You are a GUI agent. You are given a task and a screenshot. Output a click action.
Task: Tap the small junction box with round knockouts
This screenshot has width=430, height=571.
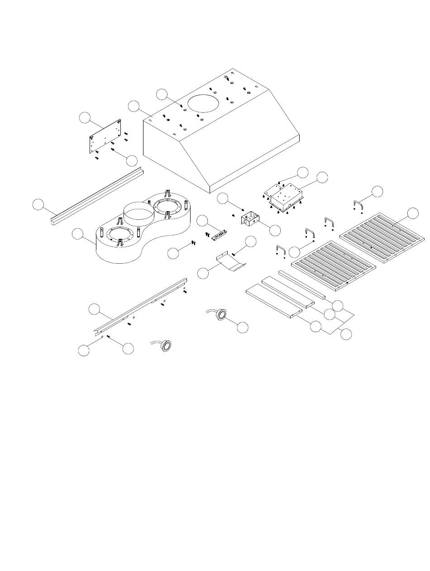pyautogui.click(x=249, y=220)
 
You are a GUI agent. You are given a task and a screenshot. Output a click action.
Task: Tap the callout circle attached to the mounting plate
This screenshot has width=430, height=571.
pyautogui.click(x=84, y=117)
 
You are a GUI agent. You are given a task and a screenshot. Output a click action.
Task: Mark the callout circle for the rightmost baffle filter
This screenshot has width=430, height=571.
pyautogui.click(x=412, y=213)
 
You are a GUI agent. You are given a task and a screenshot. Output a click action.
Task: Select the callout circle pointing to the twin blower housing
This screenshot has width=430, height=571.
pyautogui.click(x=78, y=234)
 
